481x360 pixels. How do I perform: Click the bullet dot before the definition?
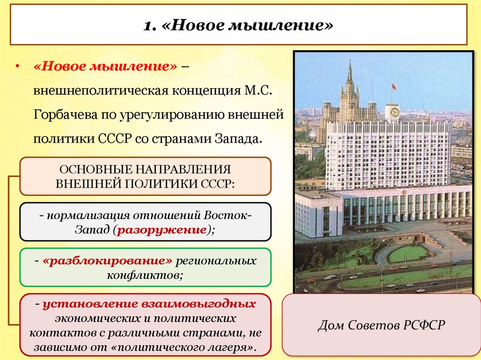click(17, 67)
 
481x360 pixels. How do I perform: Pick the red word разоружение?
click(163, 230)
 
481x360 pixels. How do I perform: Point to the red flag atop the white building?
click(394, 86)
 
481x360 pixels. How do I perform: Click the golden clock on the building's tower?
click(393, 112)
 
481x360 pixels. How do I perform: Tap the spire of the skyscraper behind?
click(349, 70)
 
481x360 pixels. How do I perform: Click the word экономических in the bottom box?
click(97, 319)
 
